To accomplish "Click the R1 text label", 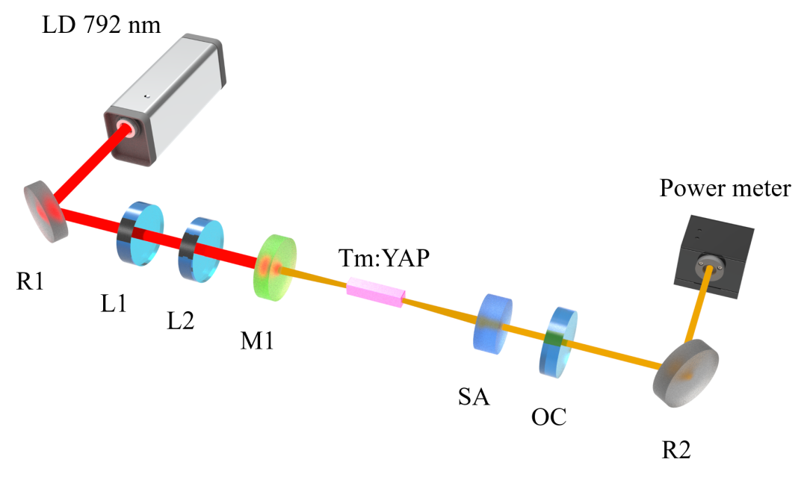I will pyautogui.click(x=30, y=281).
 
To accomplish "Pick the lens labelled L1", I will pyautogui.click(x=140, y=232).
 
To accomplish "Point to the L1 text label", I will pyautogui.click(x=114, y=303).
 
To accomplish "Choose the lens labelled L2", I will pyautogui.click(x=201, y=250).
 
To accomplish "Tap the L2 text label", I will pyautogui.click(x=180, y=321).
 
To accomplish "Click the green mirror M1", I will pyautogui.click(x=276, y=267).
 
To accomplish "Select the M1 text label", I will pyautogui.click(x=257, y=340).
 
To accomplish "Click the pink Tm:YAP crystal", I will pyautogui.click(x=376, y=292).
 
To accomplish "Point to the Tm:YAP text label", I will pyautogui.click(x=384, y=258).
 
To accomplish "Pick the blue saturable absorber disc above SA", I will pyautogui.click(x=493, y=322).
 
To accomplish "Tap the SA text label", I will pyautogui.click(x=474, y=396).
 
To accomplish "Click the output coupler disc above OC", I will pyautogui.click(x=559, y=341).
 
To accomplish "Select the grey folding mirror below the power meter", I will pyautogui.click(x=685, y=373).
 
